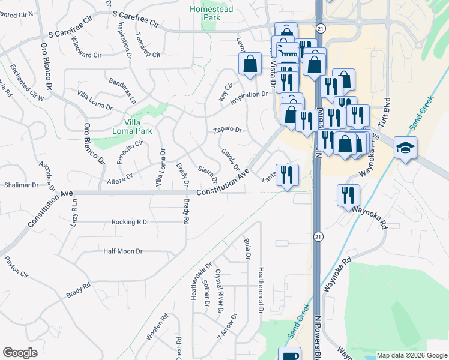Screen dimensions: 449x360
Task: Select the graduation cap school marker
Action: [x=405, y=148]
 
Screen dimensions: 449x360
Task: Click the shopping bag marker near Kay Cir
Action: [x=250, y=64]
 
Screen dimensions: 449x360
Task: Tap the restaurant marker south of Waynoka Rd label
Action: [x=348, y=195]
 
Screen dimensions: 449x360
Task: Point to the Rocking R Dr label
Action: [x=130, y=221]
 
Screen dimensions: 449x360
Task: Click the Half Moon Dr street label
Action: [x=122, y=251]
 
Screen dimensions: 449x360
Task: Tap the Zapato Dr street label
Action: [x=227, y=130]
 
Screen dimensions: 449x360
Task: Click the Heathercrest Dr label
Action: [x=261, y=290]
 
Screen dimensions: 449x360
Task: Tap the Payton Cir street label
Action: [x=16, y=268]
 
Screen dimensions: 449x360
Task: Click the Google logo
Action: [x=20, y=353]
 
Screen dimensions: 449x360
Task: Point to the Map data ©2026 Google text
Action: [x=411, y=355]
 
